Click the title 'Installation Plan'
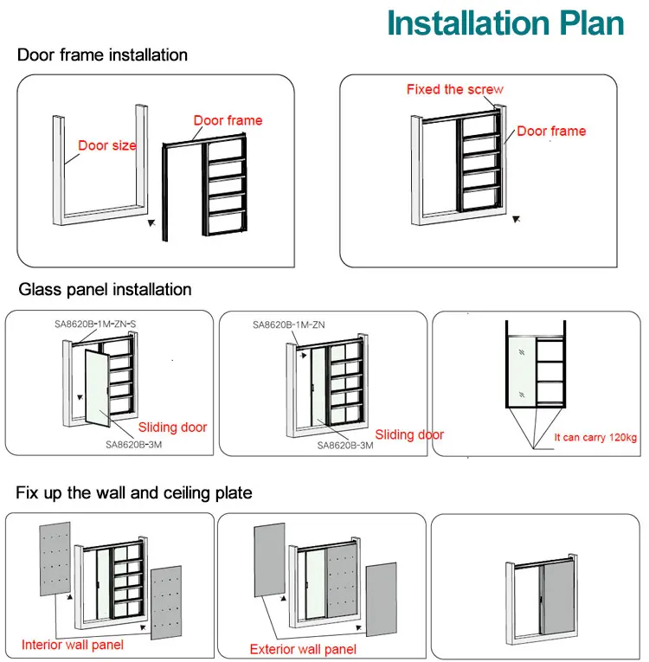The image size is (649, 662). pyautogui.click(x=505, y=23)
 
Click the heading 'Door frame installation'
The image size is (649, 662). pyautogui.click(x=102, y=55)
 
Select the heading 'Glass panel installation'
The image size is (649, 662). pyautogui.click(x=104, y=289)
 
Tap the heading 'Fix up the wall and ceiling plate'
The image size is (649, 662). pyautogui.click(x=134, y=493)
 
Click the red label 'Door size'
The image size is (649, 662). pyautogui.click(x=107, y=145)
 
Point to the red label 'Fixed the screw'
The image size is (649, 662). pyautogui.click(x=454, y=89)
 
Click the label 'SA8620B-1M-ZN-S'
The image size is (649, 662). pyautogui.click(x=93, y=324)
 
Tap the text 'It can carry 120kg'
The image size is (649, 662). pyautogui.click(x=595, y=438)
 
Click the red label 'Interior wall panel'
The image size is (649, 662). pyautogui.click(x=72, y=644)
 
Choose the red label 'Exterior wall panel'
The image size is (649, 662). pyautogui.click(x=302, y=649)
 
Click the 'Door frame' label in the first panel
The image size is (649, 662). pyautogui.click(x=228, y=120)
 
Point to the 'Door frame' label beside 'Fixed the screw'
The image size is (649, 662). pyautogui.click(x=551, y=131)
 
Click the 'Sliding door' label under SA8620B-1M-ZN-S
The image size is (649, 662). pyautogui.click(x=172, y=427)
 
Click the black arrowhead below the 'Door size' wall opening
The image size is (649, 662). pyautogui.click(x=153, y=222)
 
